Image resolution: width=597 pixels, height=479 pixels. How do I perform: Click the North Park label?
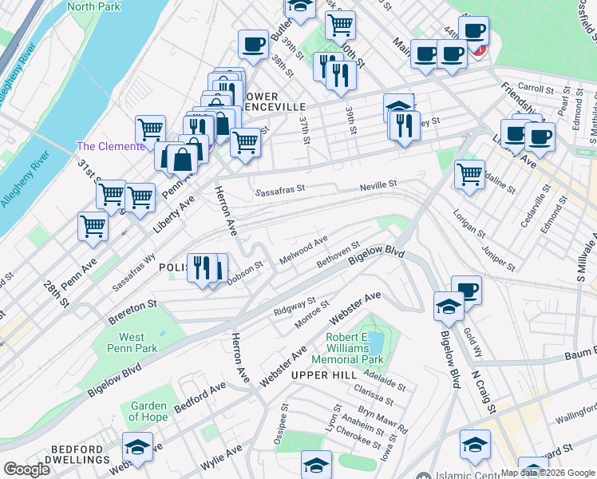point(93,6)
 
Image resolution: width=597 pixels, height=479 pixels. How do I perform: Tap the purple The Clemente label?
point(110,146)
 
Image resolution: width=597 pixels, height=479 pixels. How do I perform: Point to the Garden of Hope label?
point(148,411)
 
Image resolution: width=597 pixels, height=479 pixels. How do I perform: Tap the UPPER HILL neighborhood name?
point(321,374)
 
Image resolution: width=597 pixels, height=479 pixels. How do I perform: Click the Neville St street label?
point(378,184)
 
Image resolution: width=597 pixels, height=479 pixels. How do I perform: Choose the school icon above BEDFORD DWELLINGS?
point(137,446)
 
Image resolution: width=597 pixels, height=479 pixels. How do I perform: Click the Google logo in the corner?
point(26,469)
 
